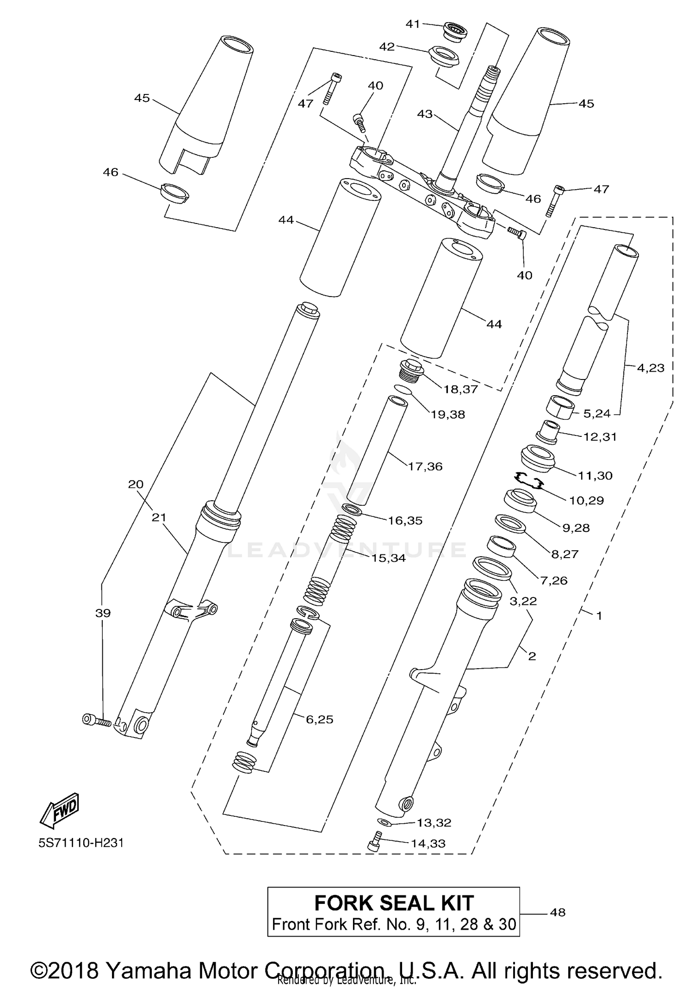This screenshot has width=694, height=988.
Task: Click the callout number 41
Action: coord(412,24)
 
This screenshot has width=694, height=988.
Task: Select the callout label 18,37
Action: coord(460,389)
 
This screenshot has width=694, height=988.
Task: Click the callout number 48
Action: coord(558,912)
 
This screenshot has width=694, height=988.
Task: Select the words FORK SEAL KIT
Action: coord(394,903)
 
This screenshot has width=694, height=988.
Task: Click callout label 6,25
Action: coord(319,719)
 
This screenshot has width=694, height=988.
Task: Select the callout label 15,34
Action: coord(388,558)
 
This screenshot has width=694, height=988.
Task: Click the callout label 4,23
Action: coord(650,368)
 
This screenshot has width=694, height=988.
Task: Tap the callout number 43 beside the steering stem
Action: coord(424,114)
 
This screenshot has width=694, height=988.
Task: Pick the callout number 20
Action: coord(136,484)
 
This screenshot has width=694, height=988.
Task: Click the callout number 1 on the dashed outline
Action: coord(599,616)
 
